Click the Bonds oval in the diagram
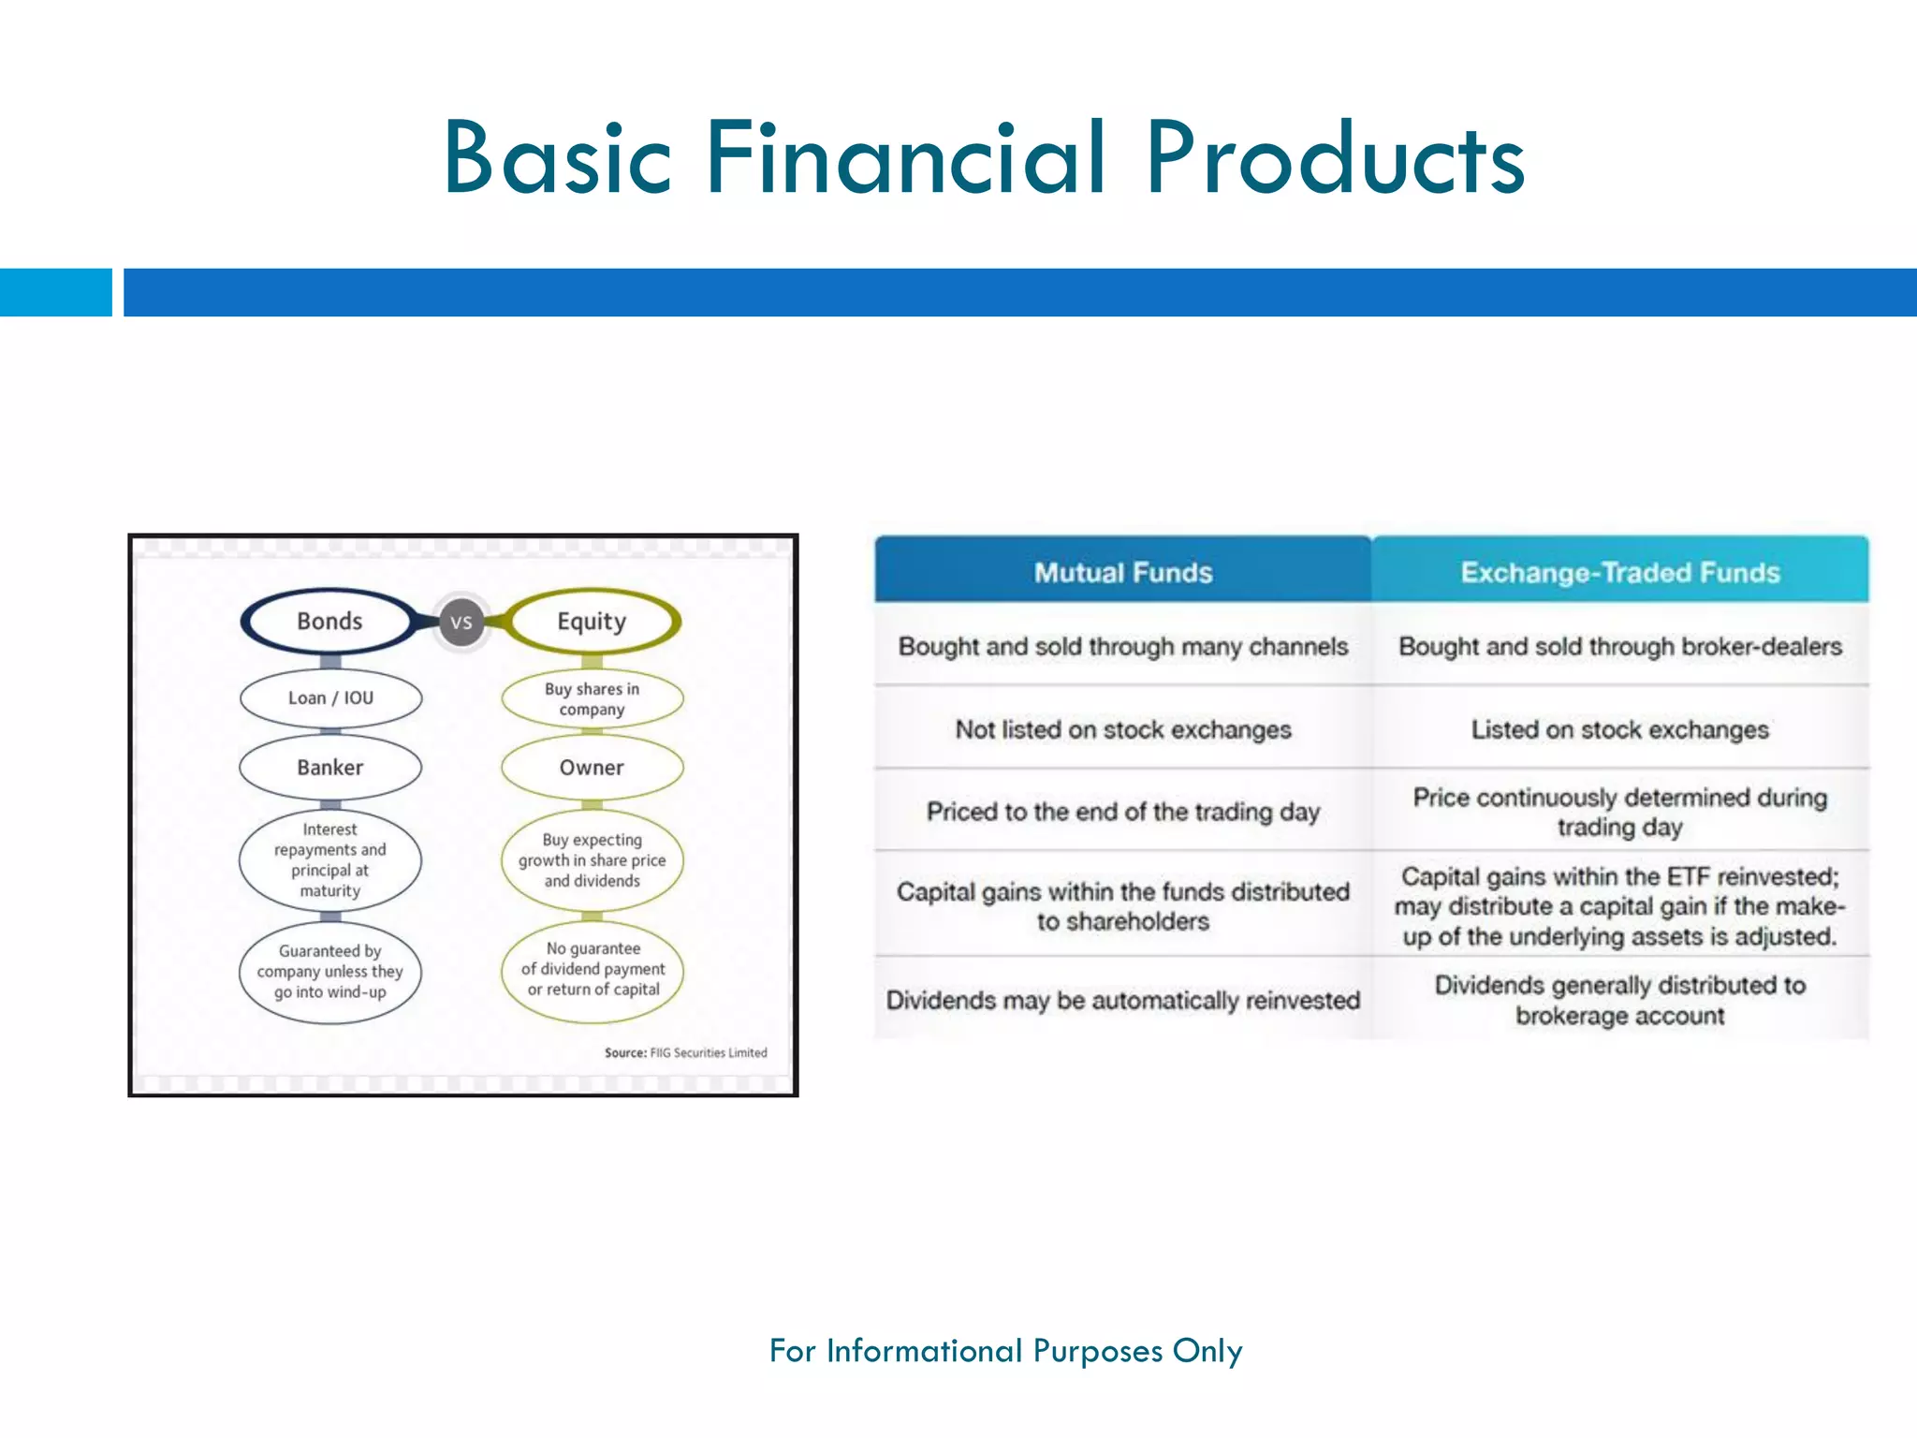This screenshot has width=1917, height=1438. (x=329, y=622)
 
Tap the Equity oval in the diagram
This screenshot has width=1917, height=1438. (x=592, y=622)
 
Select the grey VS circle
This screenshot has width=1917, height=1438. (x=461, y=623)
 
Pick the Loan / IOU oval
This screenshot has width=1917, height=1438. (x=330, y=698)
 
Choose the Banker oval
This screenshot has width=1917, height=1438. (x=330, y=768)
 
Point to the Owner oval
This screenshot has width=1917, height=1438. (x=592, y=768)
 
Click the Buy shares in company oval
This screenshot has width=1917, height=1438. (x=592, y=699)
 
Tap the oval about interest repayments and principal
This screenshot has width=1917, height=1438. (x=330, y=860)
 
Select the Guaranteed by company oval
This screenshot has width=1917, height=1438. (x=330, y=972)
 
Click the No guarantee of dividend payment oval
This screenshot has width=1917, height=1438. (x=593, y=969)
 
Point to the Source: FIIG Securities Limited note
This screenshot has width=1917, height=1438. (x=685, y=1053)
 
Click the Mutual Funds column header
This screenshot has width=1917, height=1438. (x=1123, y=572)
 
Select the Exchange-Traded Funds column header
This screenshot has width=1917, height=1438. (x=1619, y=572)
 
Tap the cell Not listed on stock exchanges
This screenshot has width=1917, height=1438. (x=1123, y=729)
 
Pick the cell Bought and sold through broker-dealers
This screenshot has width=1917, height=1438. (x=1619, y=646)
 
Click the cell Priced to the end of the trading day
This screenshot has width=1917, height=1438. (x=1123, y=812)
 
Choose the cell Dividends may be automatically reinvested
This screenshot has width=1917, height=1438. (x=1123, y=1000)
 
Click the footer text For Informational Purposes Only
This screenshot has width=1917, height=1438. (x=1005, y=1351)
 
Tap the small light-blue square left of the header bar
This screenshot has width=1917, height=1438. (x=55, y=292)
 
